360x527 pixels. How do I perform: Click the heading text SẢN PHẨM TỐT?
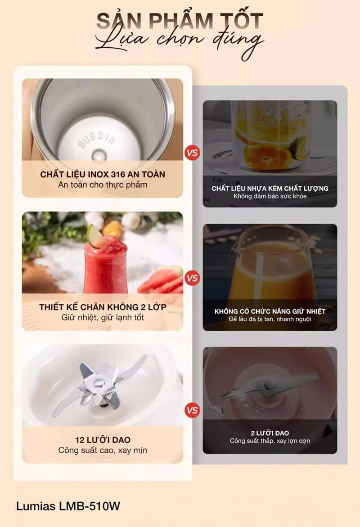click(180, 21)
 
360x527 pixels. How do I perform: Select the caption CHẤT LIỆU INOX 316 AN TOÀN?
click(103, 174)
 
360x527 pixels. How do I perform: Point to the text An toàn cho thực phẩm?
click(103, 185)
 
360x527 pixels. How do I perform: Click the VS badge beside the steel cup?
click(192, 153)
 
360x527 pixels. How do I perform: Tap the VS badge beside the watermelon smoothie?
click(192, 278)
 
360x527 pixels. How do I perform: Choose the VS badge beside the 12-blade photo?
click(192, 410)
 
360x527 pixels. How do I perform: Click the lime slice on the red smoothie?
click(95, 236)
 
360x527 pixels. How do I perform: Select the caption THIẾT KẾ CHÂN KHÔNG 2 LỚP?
click(103, 307)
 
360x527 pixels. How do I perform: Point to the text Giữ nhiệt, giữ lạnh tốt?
click(103, 317)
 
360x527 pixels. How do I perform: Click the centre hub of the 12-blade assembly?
click(99, 383)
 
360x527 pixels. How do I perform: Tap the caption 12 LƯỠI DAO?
click(103, 440)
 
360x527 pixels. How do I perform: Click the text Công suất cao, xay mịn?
click(103, 450)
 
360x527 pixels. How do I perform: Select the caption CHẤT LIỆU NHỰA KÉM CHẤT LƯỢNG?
click(270, 188)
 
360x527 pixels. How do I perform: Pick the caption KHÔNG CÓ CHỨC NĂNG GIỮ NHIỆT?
click(270, 311)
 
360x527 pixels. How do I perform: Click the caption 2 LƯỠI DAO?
click(270, 433)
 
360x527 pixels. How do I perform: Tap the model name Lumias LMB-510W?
click(68, 506)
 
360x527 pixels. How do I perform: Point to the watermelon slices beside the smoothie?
click(160, 280)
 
